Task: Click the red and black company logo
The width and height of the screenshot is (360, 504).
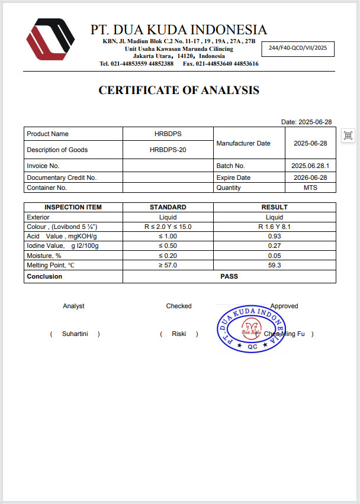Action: point(50,39)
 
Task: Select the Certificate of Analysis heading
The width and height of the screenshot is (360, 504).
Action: point(179,91)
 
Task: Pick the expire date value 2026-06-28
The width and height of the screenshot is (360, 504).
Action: point(310,177)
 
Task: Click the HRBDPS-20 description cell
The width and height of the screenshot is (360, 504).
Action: point(168,150)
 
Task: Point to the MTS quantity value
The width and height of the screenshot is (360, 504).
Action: point(310,188)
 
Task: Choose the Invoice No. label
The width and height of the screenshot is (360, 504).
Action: point(43,166)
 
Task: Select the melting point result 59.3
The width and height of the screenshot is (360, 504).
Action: point(274,266)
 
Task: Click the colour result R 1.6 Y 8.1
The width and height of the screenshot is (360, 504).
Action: point(274,227)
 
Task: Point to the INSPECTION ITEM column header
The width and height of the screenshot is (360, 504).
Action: point(73,207)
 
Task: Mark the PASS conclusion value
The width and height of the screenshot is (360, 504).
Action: point(229,276)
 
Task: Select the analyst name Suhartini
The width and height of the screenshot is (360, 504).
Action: point(75,334)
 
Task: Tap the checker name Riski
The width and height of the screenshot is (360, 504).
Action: point(179,334)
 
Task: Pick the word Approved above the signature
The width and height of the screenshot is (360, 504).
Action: point(284,306)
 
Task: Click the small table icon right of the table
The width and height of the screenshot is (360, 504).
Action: point(348,135)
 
